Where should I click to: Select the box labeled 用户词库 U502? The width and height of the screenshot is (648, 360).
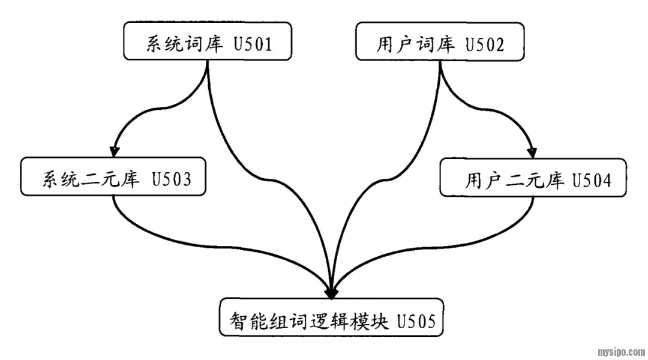[440, 41]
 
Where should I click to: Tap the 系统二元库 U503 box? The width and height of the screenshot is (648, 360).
[113, 177]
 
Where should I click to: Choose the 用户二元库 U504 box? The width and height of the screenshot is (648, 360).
[533, 177]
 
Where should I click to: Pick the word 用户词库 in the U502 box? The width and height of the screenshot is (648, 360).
[415, 43]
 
